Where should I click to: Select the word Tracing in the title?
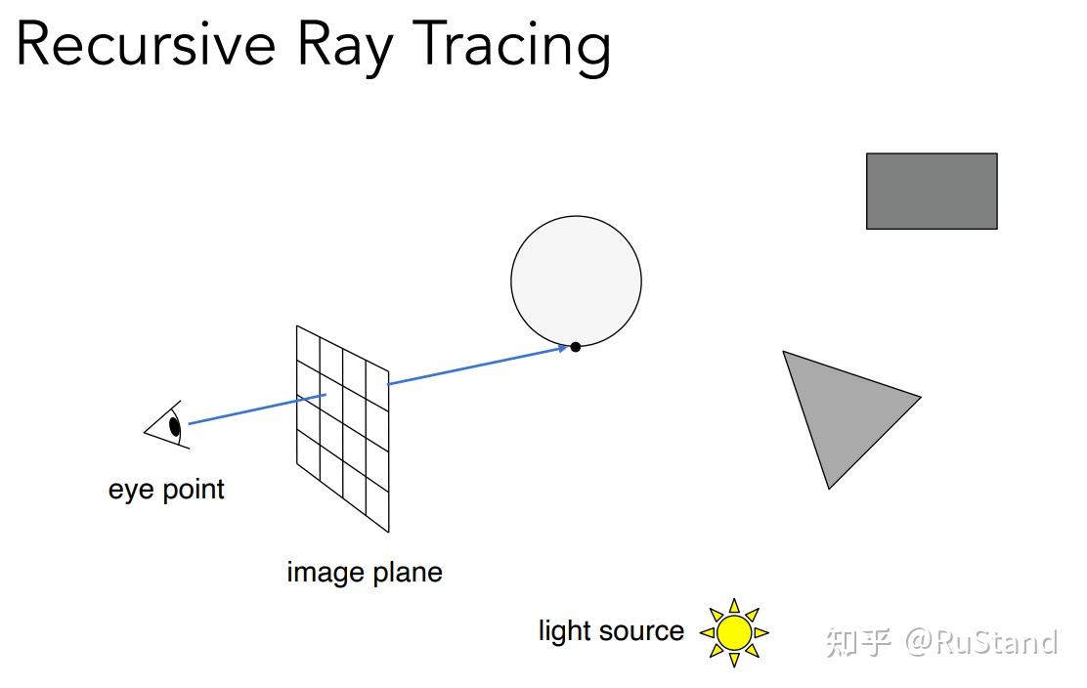click(x=513, y=45)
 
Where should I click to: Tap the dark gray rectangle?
click(x=932, y=191)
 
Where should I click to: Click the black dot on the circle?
click(x=576, y=346)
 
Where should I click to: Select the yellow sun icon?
click(x=733, y=632)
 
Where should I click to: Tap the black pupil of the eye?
click(x=175, y=426)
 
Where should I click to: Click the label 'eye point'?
click(x=166, y=489)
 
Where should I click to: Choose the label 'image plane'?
click(x=365, y=572)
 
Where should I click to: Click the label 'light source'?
click(x=611, y=630)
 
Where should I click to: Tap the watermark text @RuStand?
click(x=981, y=642)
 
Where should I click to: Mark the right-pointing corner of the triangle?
click(x=918, y=397)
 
